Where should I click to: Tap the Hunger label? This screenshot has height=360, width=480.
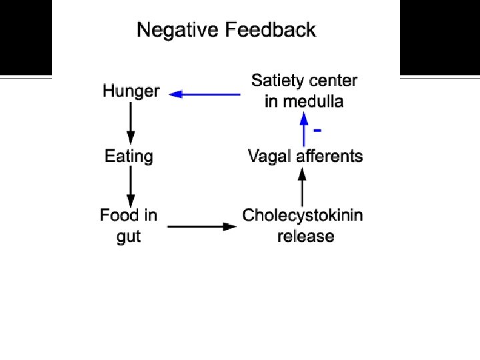(x=131, y=91)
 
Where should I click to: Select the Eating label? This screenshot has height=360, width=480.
(x=129, y=157)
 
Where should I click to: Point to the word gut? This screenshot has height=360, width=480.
(x=129, y=236)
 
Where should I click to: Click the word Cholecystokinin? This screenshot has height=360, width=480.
(x=303, y=215)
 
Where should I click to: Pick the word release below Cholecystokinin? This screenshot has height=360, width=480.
(x=305, y=236)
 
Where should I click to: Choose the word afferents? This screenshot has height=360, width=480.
(x=328, y=157)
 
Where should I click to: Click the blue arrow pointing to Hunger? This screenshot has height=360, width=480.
(x=205, y=95)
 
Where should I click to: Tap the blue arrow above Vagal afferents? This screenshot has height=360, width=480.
(x=304, y=127)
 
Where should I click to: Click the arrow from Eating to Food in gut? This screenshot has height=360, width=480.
(x=131, y=186)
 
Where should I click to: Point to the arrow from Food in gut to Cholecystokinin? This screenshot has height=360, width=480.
(x=202, y=227)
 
